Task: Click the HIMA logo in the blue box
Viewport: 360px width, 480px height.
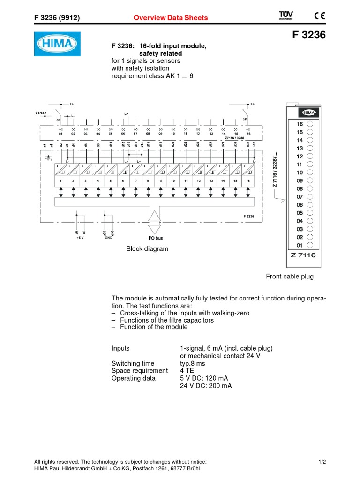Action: click(57, 44)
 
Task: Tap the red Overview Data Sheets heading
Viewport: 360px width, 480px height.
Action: click(171, 18)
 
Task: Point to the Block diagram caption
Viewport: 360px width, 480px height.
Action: click(147, 249)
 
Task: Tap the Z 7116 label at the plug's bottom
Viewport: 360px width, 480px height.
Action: click(304, 255)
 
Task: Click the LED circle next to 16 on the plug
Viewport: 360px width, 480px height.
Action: click(310, 124)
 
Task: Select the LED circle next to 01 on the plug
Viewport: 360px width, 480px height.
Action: click(310, 245)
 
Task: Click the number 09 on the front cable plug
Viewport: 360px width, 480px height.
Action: click(300, 181)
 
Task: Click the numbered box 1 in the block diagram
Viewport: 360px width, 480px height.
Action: click(60, 180)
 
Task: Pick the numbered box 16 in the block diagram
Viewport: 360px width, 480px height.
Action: click(248, 180)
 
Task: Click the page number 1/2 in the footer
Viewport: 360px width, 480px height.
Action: click(322, 462)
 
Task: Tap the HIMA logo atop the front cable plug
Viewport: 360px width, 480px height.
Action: click(308, 112)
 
